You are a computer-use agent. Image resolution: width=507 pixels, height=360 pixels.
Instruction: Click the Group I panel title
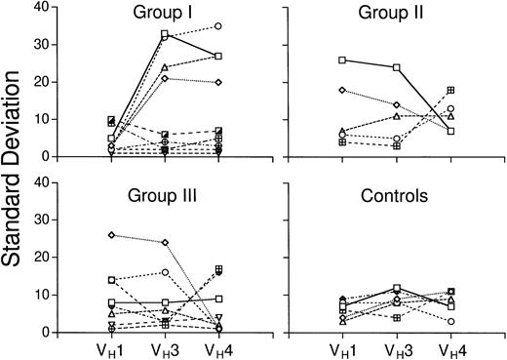click(164, 13)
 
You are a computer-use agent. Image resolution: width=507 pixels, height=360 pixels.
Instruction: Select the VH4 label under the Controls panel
click(450, 349)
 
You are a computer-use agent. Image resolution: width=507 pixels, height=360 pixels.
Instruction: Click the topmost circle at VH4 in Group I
click(217, 26)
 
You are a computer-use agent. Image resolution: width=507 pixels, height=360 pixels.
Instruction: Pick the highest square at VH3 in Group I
click(165, 34)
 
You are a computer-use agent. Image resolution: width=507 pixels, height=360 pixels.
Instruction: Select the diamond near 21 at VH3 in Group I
click(165, 78)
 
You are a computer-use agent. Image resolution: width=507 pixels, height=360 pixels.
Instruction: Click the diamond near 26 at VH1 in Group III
click(112, 235)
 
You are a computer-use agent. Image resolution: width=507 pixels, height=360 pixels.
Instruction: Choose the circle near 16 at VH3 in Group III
click(165, 272)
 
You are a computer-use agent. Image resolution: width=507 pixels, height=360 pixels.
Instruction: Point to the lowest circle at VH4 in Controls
click(450, 321)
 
